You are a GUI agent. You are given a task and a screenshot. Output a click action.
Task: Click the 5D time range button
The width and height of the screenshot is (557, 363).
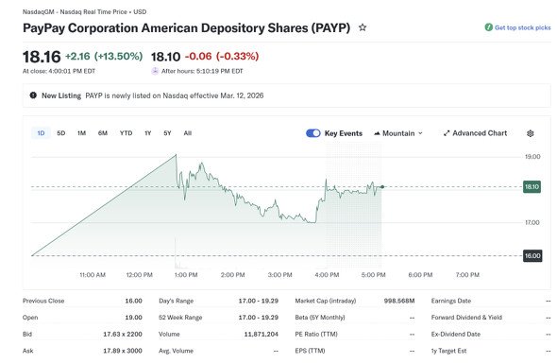click(61, 133)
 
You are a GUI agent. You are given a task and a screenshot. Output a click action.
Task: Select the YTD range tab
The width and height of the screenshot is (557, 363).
click(126, 133)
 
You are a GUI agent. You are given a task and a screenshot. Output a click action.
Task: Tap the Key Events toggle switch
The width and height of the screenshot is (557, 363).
click(312, 133)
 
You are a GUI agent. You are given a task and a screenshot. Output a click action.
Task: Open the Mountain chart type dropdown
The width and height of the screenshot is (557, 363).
click(398, 133)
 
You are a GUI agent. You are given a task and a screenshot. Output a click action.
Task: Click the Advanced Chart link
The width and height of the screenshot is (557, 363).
click(475, 133)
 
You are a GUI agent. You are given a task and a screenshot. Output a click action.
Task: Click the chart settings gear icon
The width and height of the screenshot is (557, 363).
click(530, 133)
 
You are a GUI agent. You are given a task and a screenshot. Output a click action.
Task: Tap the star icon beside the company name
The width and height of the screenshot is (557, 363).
click(363, 27)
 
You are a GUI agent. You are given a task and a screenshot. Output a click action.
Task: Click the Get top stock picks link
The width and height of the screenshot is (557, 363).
click(518, 27)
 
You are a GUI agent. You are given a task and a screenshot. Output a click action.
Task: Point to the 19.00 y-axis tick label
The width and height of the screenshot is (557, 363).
click(532, 156)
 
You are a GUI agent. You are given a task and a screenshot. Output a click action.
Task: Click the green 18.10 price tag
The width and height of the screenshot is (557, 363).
click(532, 186)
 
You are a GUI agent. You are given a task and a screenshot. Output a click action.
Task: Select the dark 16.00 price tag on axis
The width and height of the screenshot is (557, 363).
click(532, 255)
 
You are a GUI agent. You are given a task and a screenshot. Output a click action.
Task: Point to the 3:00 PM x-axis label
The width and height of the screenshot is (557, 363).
click(280, 275)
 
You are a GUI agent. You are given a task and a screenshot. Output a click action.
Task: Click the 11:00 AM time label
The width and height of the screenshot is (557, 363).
click(93, 275)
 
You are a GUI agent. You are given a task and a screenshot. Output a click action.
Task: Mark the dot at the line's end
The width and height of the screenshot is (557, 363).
click(382, 186)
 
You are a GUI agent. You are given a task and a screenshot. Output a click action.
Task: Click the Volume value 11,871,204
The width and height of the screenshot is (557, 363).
click(262, 335)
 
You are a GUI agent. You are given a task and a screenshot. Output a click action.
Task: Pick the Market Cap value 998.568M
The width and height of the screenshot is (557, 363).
click(399, 301)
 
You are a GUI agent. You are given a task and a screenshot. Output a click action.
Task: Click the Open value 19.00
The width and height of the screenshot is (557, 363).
click(133, 318)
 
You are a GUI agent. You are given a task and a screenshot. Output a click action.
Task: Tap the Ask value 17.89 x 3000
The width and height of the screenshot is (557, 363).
click(123, 351)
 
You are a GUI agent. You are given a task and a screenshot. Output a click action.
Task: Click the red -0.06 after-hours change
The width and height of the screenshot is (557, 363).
click(198, 56)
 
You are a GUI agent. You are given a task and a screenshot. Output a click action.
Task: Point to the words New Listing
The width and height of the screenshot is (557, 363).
click(61, 95)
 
